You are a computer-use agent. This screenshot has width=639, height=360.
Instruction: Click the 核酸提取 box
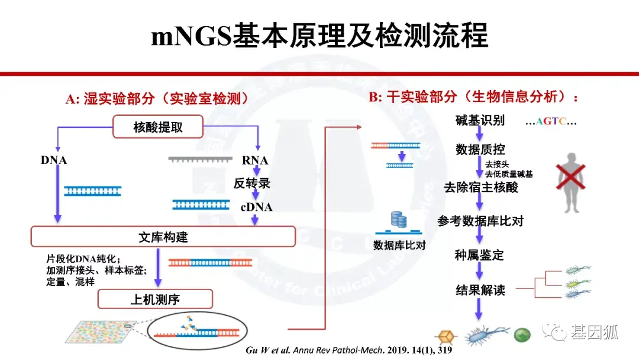[x=158, y=127]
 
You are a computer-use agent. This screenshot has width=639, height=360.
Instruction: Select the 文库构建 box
[x=163, y=237]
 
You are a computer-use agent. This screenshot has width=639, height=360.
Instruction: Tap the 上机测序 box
[x=155, y=300]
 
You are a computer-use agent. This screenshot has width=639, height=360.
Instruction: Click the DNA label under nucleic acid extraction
[x=54, y=160]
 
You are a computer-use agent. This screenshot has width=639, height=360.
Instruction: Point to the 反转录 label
[x=252, y=184]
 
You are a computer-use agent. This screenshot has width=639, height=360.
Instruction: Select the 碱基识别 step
[x=480, y=121]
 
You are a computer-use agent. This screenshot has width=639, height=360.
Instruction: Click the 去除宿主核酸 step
[x=481, y=188]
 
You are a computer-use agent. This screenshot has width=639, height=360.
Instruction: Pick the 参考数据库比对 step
[x=480, y=221]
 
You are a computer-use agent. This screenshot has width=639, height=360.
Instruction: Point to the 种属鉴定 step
[x=479, y=256]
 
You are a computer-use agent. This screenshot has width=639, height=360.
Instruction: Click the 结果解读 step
[x=480, y=290]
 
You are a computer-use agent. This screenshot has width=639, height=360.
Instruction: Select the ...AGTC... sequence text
[x=550, y=122]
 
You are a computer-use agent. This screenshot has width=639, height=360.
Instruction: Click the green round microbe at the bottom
[x=522, y=335]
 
